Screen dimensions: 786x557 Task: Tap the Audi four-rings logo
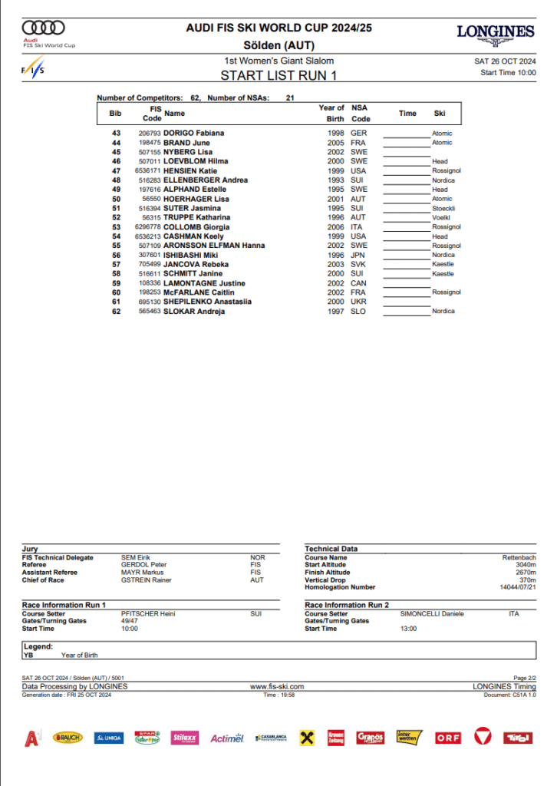[44, 28]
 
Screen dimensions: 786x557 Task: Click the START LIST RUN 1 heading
[278, 75]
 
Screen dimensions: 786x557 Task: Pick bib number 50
[117, 199]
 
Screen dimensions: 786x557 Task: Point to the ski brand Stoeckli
[444, 208]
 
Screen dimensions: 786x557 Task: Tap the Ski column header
[440, 114]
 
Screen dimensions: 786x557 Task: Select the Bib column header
[116, 114]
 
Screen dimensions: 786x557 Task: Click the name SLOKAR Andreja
[194, 311]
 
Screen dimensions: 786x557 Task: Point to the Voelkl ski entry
[441, 217]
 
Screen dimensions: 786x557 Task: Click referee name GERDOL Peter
[144, 565]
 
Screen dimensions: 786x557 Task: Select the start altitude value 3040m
[526, 565]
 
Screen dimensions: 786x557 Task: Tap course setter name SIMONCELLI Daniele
[432, 614]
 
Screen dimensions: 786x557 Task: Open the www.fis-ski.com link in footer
[278, 686]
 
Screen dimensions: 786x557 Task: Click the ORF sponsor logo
[448, 738]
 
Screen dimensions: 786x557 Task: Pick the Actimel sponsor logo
[228, 738]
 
